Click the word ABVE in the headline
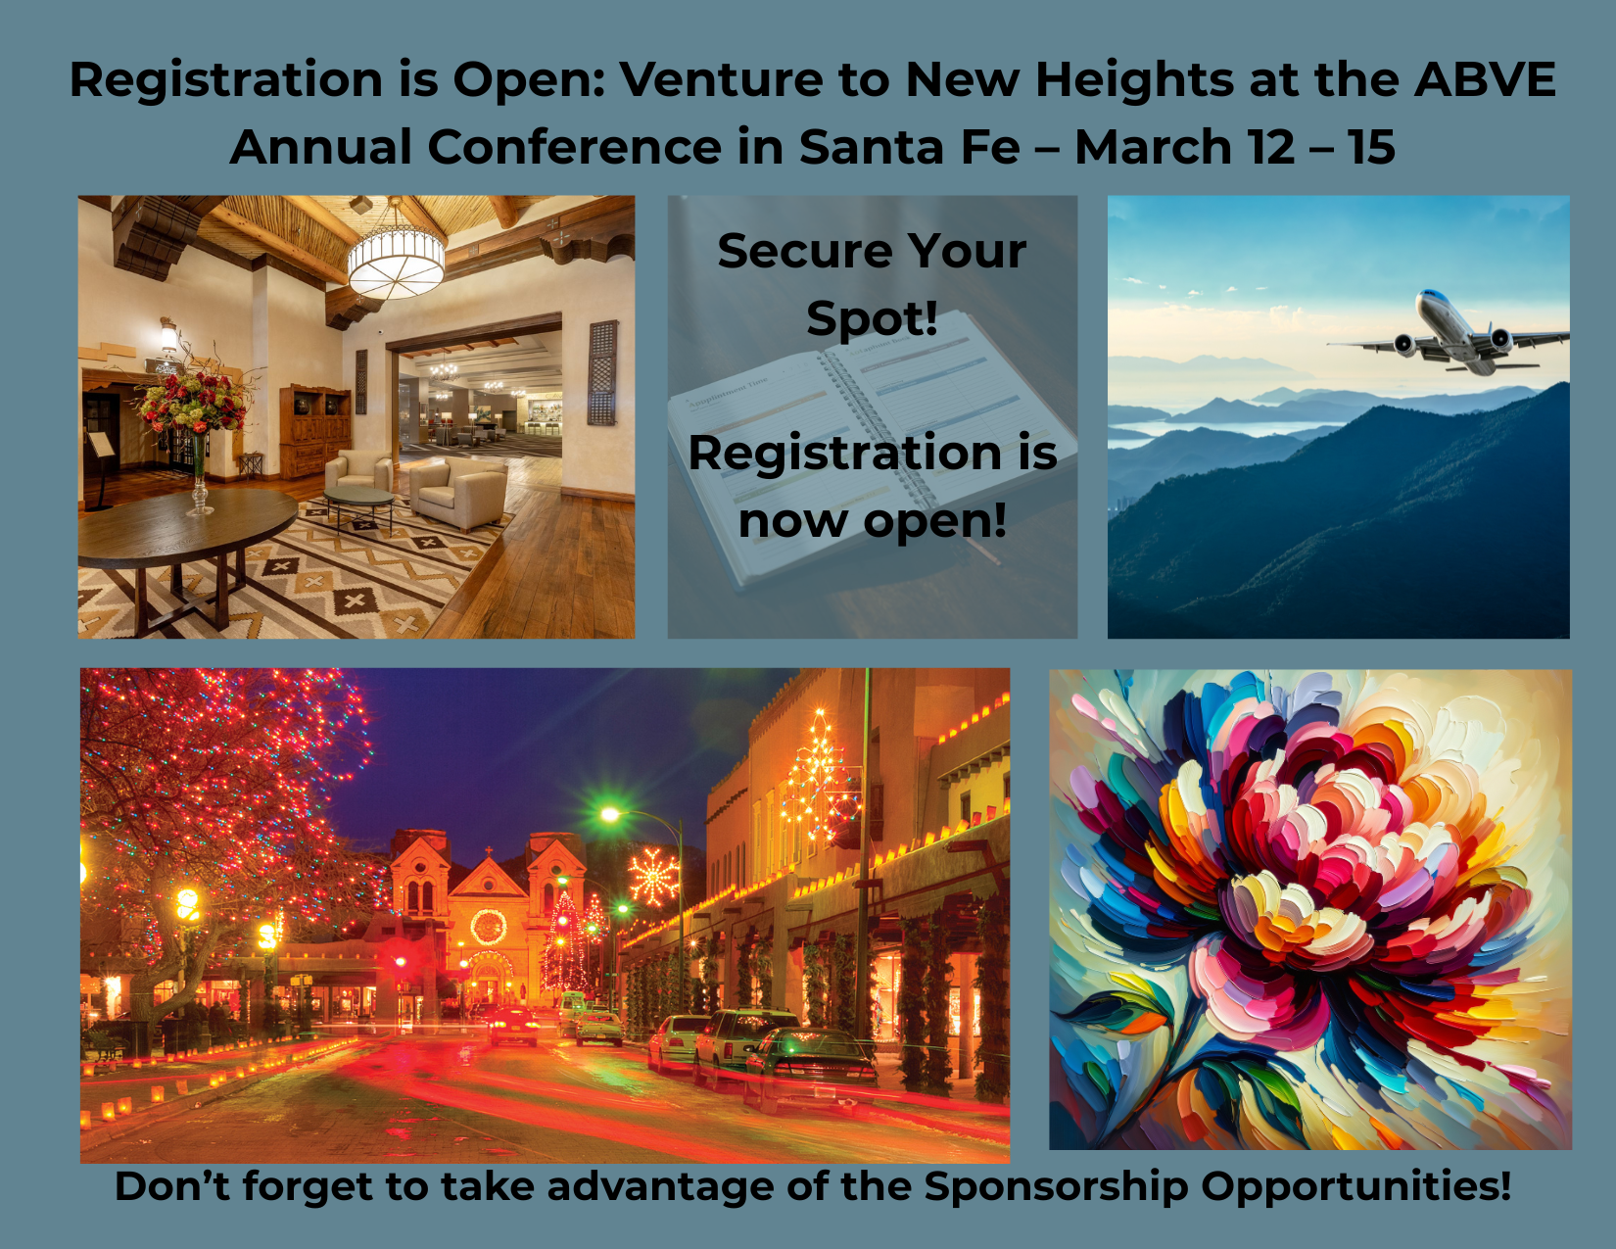tap(1485, 78)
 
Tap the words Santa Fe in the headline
tap(910, 147)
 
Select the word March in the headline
tap(1154, 147)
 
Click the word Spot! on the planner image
tap(872, 318)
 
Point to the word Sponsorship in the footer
tap(1056, 1186)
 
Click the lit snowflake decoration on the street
tap(653, 877)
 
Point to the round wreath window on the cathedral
tap(489, 927)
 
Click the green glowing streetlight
tap(610, 815)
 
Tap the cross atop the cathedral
tap(489, 851)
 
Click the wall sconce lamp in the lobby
tap(169, 335)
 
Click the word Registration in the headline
tap(226, 80)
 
